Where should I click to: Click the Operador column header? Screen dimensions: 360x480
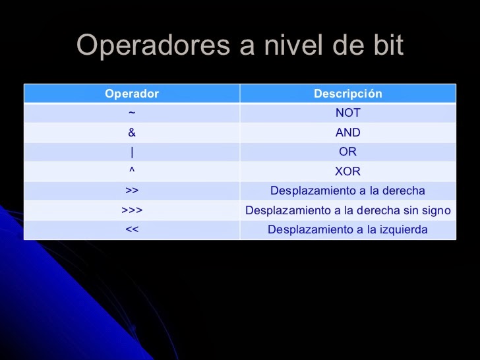tap(132, 94)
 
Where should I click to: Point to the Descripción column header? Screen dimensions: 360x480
tap(347, 94)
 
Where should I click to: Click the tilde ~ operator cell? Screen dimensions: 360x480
tap(132, 113)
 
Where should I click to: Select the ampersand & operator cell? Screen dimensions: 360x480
tap(132, 133)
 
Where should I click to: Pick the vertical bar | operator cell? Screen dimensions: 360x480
tap(132, 152)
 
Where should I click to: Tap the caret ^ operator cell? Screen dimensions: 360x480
tap(132, 171)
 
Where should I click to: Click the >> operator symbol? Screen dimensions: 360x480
tap(132, 191)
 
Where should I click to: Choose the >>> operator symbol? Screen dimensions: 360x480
tap(132, 211)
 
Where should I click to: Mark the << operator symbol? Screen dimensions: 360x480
tap(132, 230)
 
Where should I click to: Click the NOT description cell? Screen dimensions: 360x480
tap(347, 113)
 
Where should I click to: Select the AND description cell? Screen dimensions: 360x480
tap(347, 133)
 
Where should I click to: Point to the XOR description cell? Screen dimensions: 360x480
tap(347, 171)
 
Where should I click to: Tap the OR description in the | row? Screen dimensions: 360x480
tap(347, 152)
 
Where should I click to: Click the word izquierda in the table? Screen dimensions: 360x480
tap(402, 230)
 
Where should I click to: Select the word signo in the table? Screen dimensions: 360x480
tap(435, 211)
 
